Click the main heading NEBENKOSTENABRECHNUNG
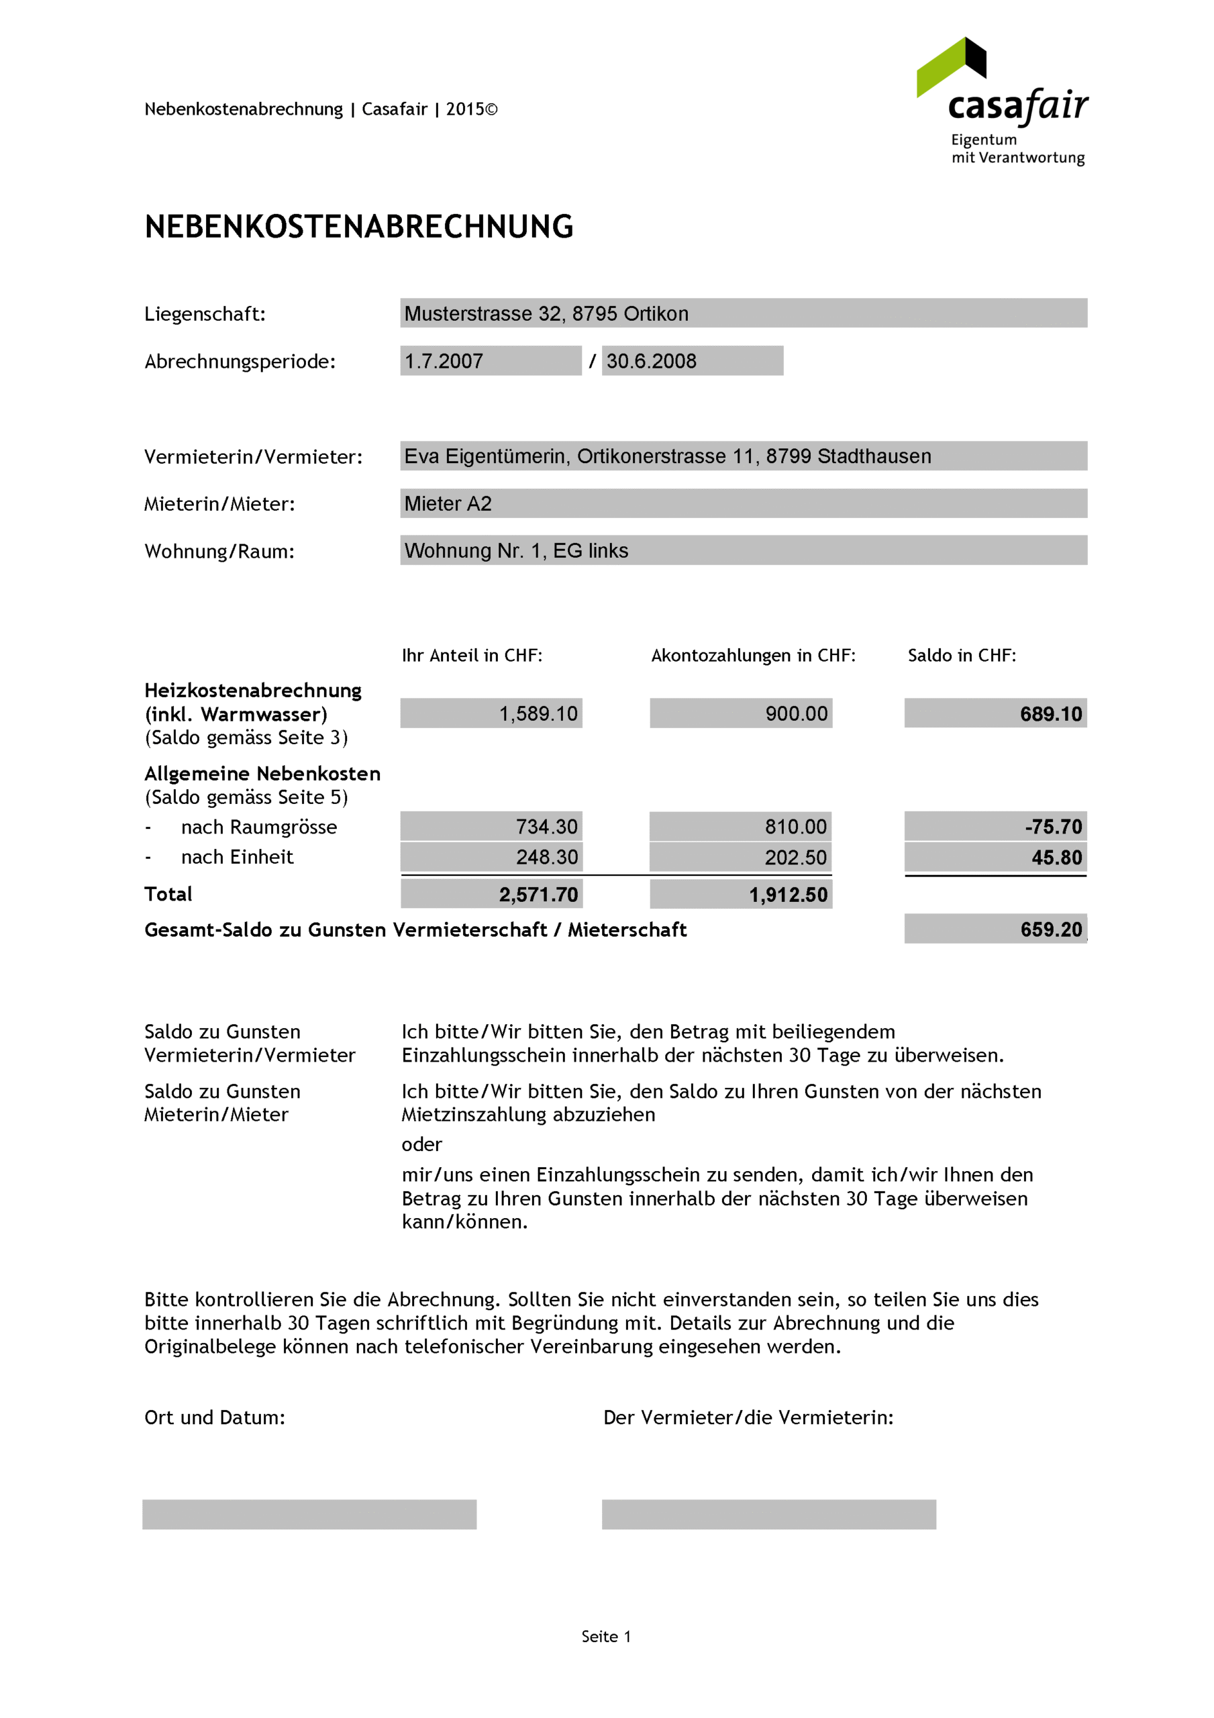[x=358, y=227]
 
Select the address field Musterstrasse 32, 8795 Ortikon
[x=742, y=313]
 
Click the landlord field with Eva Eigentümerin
[x=742, y=456]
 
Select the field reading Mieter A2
[x=742, y=503]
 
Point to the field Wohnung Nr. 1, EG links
[x=742, y=550]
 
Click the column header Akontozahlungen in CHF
[x=752, y=656]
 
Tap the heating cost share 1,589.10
[x=491, y=713]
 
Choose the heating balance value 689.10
[x=995, y=713]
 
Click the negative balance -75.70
[x=995, y=826]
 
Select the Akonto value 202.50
[x=740, y=857]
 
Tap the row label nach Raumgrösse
[x=258, y=827]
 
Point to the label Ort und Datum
[x=214, y=1417]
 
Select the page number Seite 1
[x=605, y=1636]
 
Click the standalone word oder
[x=421, y=1144]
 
